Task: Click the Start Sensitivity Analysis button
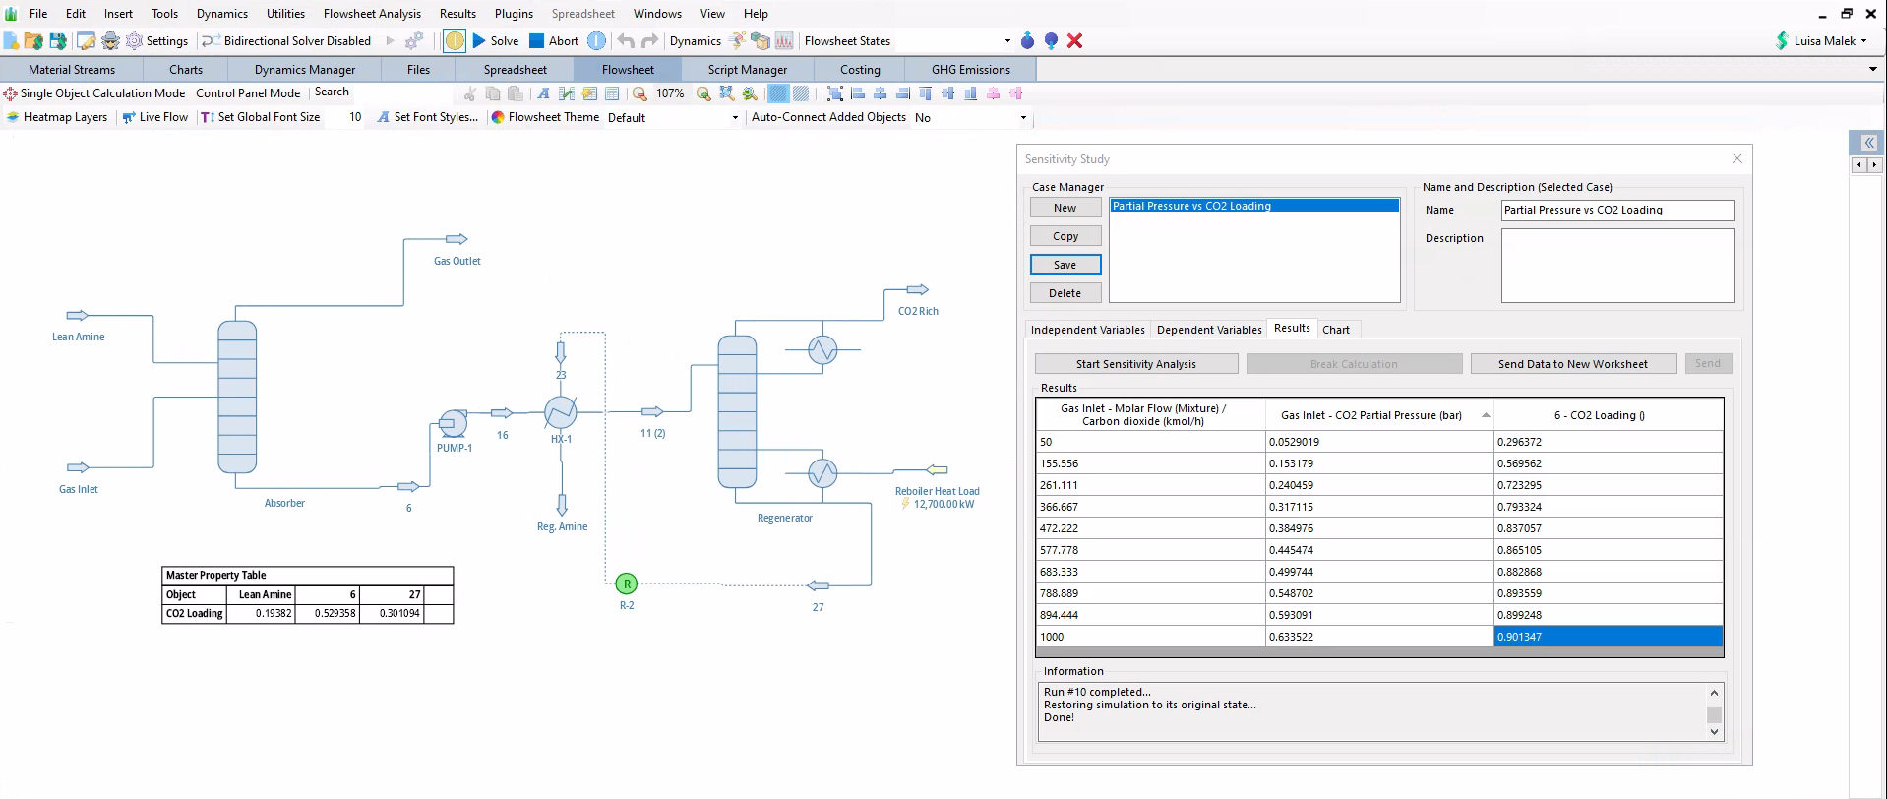point(1136,364)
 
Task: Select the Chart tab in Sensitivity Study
point(1336,330)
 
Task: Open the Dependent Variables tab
point(1209,330)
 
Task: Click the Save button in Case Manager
point(1065,265)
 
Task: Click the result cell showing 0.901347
point(1608,637)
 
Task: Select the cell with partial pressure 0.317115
point(1379,507)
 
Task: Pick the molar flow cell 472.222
point(1151,528)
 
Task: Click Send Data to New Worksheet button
point(1573,364)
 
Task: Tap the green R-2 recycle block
point(627,584)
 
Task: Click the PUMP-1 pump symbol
point(453,423)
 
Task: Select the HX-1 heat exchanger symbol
point(561,411)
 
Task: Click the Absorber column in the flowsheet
point(237,397)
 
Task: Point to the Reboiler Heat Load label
point(937,491)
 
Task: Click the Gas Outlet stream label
point(457,261)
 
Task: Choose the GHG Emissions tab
point(971,70)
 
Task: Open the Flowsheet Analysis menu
point(372,14)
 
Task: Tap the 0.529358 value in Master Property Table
point(335,613)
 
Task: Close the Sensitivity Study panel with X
point(1737,158)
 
